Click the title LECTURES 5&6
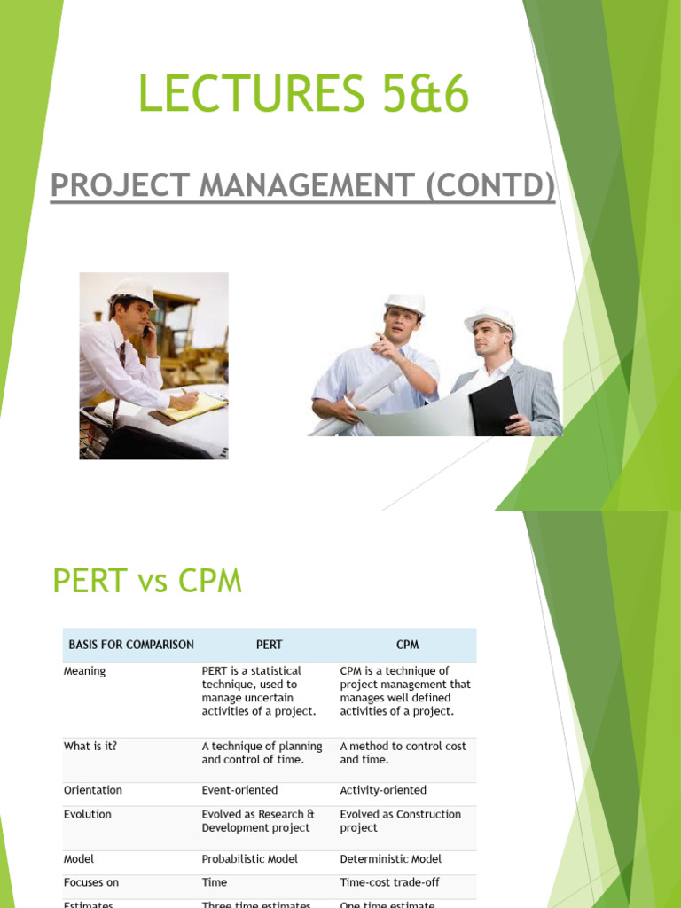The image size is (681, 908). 302,96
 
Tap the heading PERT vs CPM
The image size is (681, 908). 147,582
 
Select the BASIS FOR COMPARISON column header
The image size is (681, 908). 131,645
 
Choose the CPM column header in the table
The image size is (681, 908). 407,645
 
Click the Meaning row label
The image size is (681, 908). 84,671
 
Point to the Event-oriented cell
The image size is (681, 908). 239,790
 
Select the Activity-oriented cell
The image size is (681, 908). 383,790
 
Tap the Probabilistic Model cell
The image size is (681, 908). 250,859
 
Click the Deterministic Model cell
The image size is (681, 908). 391,859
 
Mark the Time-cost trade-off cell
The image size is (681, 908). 390,882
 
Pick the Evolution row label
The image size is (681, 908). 88,814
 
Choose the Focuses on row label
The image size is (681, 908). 91,882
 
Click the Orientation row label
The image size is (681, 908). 93,790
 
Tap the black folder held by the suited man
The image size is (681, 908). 493,404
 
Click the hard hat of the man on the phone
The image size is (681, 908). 134,290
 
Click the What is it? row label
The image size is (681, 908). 90,746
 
